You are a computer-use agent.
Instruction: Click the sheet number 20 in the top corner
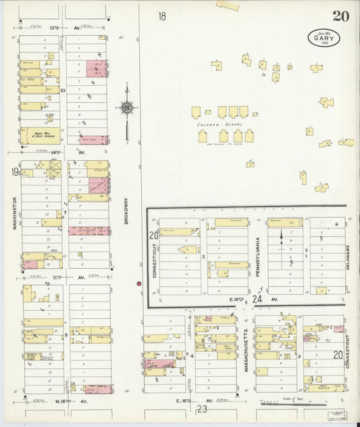point(340,16)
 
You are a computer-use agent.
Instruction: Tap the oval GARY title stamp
point(324,38)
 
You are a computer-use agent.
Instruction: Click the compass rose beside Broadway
point(126,107)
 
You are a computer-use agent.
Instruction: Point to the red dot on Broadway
point(138,284)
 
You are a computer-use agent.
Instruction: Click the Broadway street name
point(126,209)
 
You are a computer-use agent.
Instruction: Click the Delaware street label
point(348,257)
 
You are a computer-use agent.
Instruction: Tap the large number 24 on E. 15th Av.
point(257,298)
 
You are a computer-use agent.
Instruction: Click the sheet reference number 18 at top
point(162,16)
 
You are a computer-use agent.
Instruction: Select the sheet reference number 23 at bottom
point(201,408)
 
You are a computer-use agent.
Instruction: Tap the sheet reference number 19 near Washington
point(14,172)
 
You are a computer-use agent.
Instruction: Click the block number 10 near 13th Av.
point(63,90)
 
